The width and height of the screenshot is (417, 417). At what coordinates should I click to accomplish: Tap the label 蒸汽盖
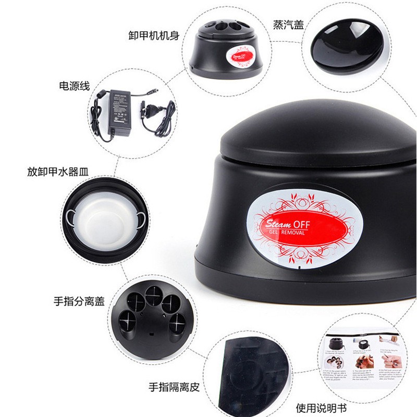pos(288,24)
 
